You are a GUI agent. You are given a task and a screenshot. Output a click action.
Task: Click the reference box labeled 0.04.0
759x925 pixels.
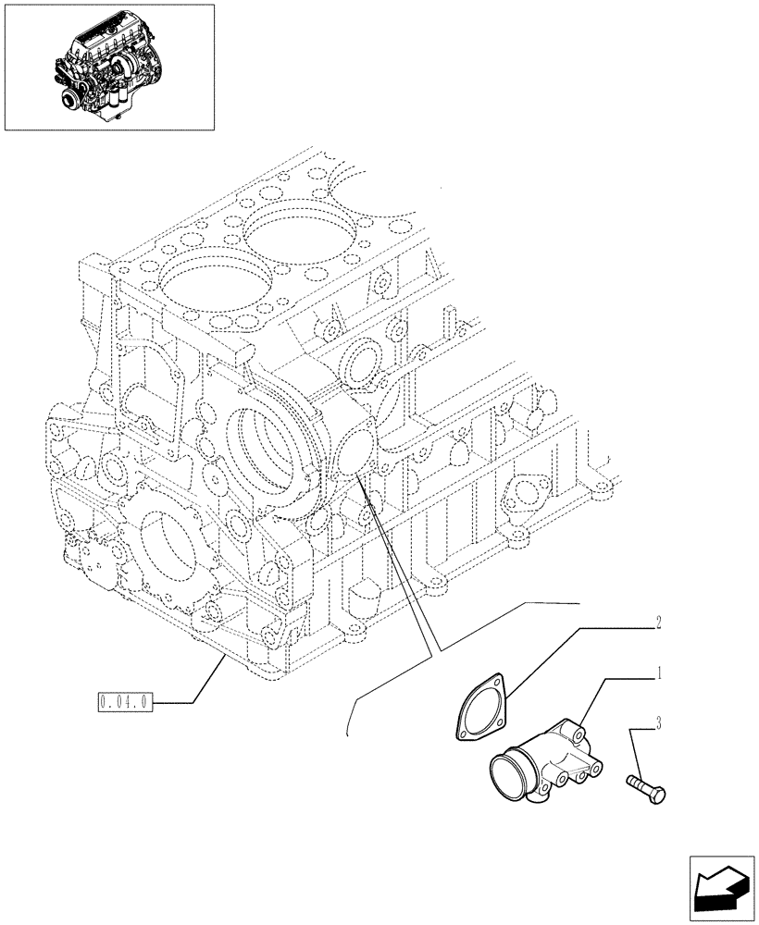click(125, 703)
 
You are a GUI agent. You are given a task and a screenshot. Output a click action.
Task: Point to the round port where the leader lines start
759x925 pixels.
click(355, 452)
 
